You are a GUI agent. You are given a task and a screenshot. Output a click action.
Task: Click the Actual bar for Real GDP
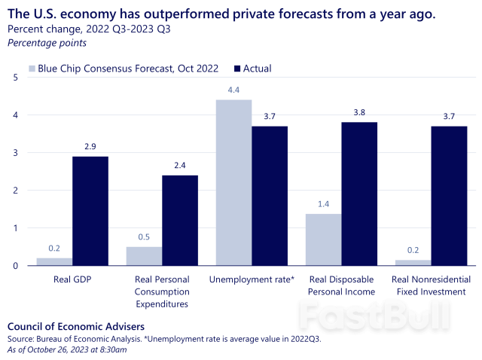pos(90,211)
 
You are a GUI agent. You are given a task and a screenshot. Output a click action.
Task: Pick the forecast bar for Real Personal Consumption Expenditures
pos(144,256)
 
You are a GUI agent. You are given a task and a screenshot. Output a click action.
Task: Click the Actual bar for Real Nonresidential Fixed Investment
pos(449,196)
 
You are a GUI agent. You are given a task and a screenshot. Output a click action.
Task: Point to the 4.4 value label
pos(233,90)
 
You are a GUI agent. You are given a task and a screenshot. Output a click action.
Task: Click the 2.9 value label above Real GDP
pos(90,147)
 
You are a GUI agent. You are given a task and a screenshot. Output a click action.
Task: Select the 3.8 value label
pos(359,113)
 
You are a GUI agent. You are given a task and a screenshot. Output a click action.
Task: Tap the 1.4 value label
pos(323,204)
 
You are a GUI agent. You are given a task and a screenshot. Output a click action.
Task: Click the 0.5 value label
pos(144,237)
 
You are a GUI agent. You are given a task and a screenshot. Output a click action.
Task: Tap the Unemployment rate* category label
pos(252,279)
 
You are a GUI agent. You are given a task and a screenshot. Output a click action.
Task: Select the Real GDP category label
pos(72,279)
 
